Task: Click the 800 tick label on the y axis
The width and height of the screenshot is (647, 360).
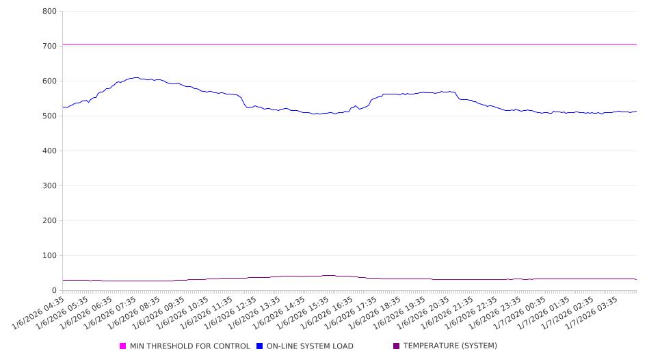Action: click(x=49, y=12)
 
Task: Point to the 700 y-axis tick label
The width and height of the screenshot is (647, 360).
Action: click(x=49, y=47)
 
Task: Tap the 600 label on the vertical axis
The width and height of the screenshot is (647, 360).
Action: click(x=49, y=81)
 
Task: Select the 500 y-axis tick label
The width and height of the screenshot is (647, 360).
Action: click(x=49, y=116)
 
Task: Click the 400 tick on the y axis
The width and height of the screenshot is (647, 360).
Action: click(x=49, y=151)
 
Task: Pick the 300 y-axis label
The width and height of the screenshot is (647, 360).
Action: click(x=49, y=186)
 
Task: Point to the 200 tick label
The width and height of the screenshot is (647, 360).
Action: click(x=49, y=221)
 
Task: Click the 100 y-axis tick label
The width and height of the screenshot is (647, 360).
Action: click(x=49, y=256)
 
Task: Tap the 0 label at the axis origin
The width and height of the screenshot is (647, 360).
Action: click(x=54, y=291)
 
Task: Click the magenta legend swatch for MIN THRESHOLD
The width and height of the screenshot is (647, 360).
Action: click(x=123, y=346)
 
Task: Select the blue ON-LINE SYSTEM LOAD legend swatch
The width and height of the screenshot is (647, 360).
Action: click(x=260, y=346)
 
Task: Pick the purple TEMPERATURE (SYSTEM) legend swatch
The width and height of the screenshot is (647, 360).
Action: click(x=397, y=346)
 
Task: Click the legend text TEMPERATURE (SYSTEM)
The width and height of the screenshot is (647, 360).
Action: click(x=450, y=346)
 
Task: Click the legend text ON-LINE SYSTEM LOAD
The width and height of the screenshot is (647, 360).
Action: click(x=310, y=346)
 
